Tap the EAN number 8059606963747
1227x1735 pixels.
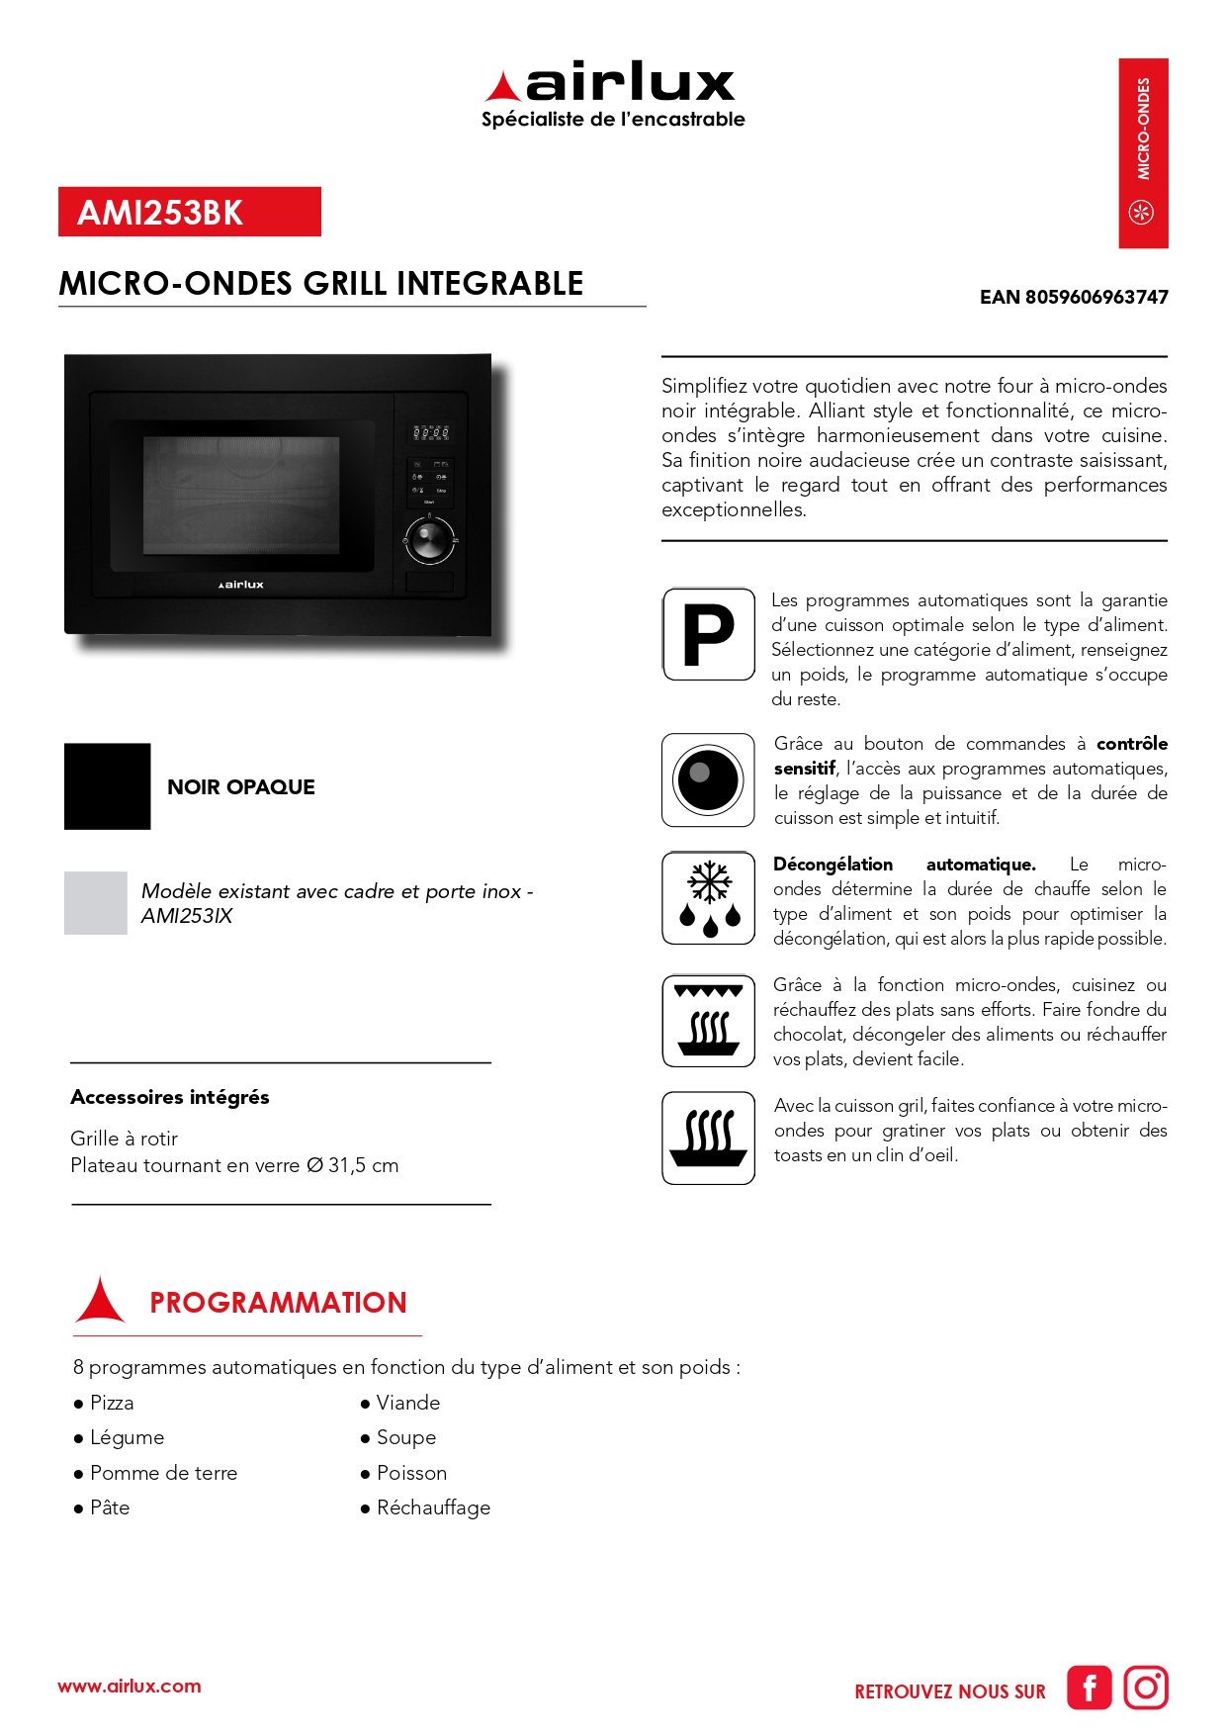[1074, 297]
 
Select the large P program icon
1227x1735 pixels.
[708, 634]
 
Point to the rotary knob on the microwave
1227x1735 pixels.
[429, 540]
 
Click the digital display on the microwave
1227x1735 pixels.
[430, 432]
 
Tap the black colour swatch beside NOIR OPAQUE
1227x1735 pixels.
[107, 786]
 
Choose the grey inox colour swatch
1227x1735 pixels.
[96, 903]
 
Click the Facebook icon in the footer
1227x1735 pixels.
[1089, 1688]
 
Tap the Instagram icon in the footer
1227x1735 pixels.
[1146, 1688]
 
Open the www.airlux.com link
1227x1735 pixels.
[130, 1687]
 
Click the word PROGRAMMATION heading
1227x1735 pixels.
[278, 1303]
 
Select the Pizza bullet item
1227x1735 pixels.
[111, 1403]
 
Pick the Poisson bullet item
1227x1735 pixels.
[411, 1473]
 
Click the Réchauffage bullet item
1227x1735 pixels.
[433, 1507]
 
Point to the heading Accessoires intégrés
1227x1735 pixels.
[170, 1097]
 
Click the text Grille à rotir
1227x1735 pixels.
[124, 1139]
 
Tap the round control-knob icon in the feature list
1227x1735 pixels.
[708, 779]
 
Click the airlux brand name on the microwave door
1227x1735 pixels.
[241, 585]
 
